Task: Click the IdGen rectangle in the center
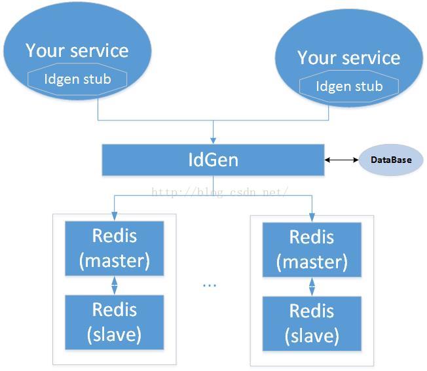point(213,160)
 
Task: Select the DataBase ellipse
point(391,160)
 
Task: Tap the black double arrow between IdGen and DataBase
point(341,160)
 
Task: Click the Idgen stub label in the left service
point(78,79)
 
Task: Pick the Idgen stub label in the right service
point(349,86)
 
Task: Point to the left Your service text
point(77,50)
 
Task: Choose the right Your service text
point(349,58)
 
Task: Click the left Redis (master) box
point(115,249)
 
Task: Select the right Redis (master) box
point(312,250)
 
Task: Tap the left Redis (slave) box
point(115,322)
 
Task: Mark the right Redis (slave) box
point(312,324)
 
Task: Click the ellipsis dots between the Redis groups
point(210,285)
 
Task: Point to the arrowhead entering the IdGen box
point(213,141)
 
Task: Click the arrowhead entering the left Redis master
point(115,217)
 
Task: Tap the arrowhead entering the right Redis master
point(312,218)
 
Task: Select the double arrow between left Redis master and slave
point(115,285)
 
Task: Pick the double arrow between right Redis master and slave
point(312,287)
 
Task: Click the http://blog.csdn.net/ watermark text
point(219,192)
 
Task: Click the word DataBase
point(391,160)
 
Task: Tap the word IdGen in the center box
point(213,160)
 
